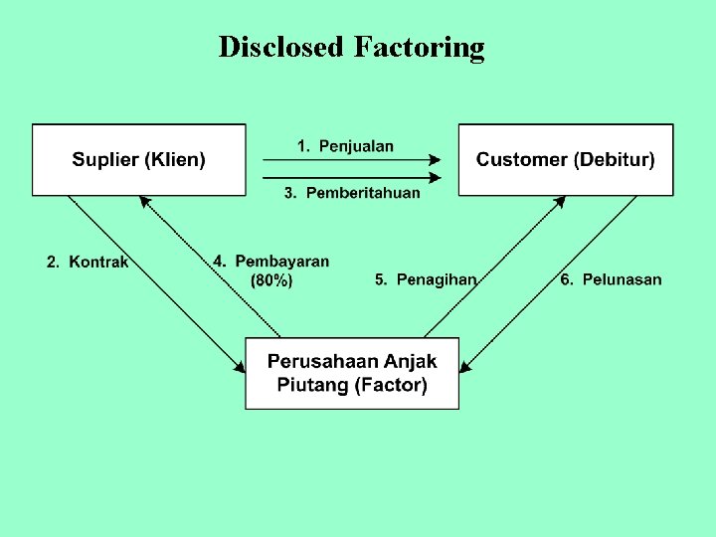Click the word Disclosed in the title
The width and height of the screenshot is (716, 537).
[280, 47]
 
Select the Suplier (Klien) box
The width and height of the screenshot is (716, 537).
[138, 159]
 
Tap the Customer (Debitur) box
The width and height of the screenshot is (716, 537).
[565, 159]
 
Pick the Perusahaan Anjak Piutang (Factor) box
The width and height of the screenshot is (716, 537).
[352, 373]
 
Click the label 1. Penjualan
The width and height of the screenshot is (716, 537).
[345, 146]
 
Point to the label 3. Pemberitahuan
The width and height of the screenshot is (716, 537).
[352, 193]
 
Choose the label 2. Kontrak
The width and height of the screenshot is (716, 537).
[88, 263]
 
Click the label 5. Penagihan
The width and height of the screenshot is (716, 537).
[426, 279]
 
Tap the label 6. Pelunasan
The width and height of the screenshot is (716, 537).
[611, 279]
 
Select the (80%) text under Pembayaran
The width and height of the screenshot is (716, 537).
[271, 281]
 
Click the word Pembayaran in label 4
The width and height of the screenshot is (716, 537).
[282, 262]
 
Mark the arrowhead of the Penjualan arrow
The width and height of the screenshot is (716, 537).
[435, 159]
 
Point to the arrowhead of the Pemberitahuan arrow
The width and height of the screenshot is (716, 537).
[435, 179]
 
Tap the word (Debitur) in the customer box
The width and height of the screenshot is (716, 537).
[616, 159]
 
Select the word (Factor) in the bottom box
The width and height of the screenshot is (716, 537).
[391, 385]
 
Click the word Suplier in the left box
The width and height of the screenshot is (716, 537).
[104, 159]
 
